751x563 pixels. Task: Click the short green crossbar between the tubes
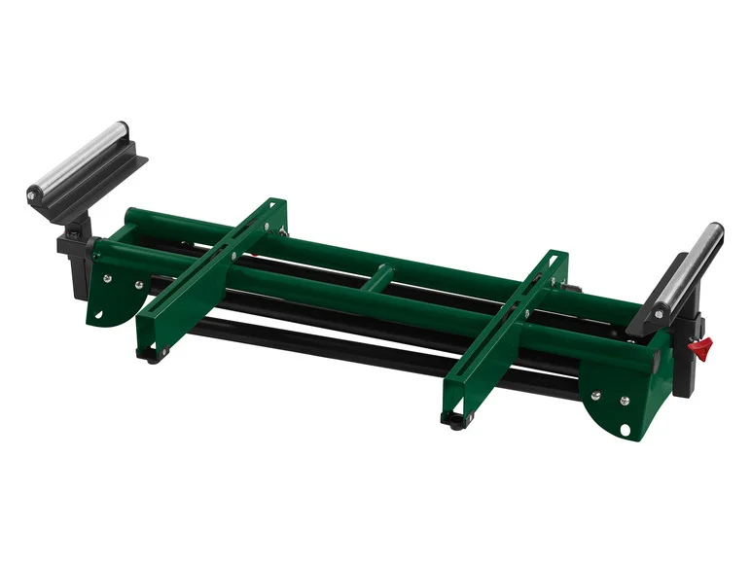[x=380, y=276]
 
